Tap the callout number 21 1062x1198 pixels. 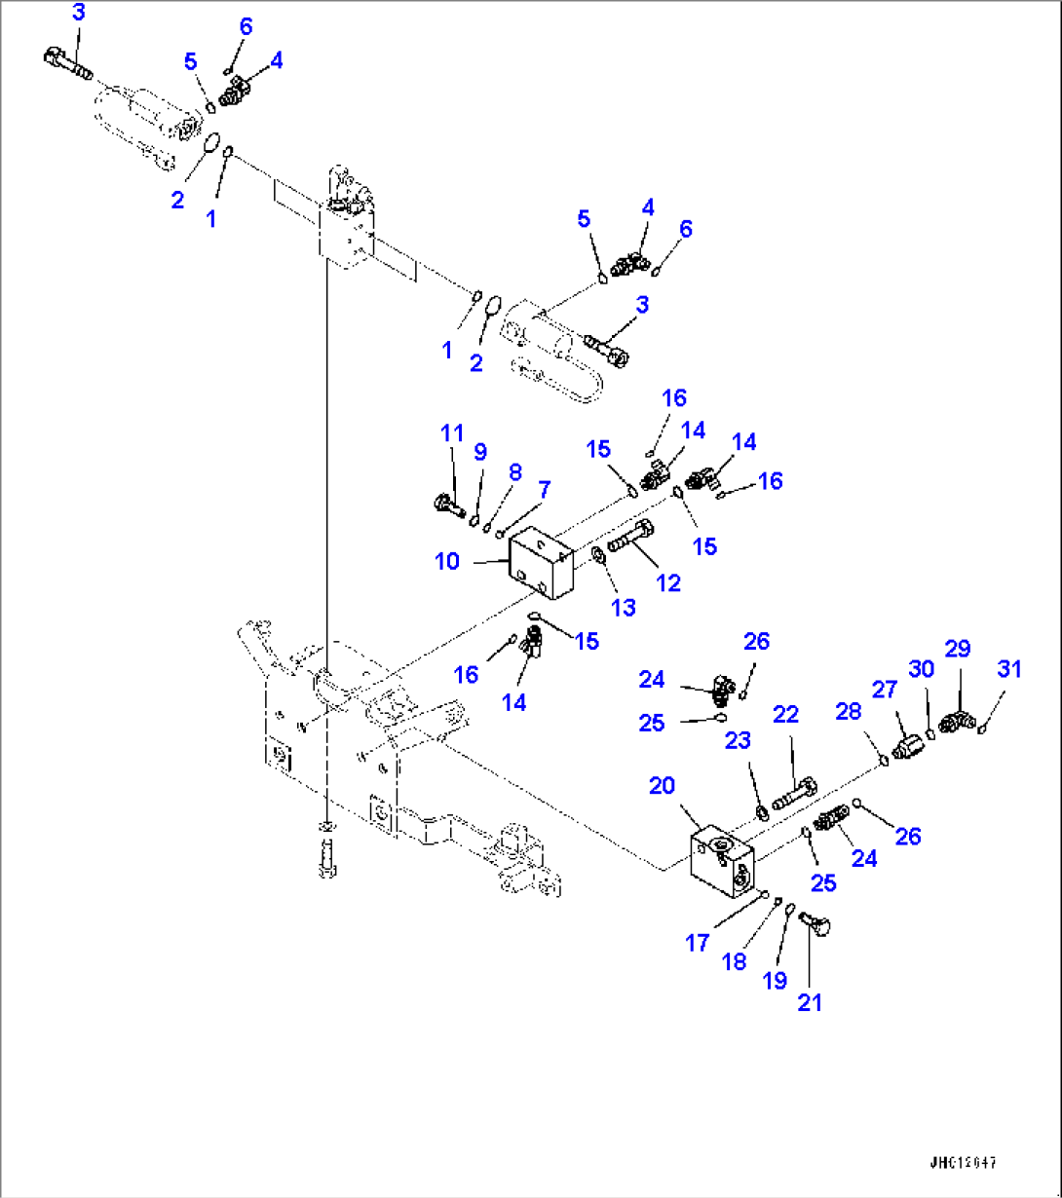coord(810,1001)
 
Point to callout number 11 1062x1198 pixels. coord(451,435)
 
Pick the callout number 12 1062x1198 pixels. coord(668,582)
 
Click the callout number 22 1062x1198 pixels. coord(785,714)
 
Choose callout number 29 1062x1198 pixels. coord(957,648)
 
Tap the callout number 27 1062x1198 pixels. coord(884,691)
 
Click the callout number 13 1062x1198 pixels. coord(623,608)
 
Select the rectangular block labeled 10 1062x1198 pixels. coord(541,563)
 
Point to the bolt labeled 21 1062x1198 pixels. coord(811,924)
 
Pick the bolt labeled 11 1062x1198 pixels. coord(448,505)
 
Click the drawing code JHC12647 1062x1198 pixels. coord(963,1164)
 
